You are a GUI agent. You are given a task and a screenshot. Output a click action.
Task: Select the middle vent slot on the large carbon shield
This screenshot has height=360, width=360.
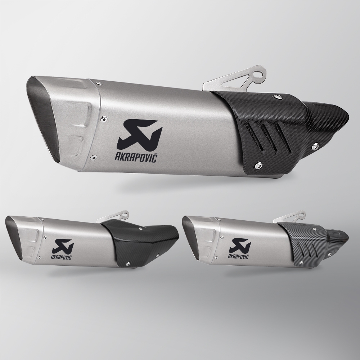pos(269,137)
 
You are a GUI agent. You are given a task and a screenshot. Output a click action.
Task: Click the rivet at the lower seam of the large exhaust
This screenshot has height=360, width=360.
pos(93,157)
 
